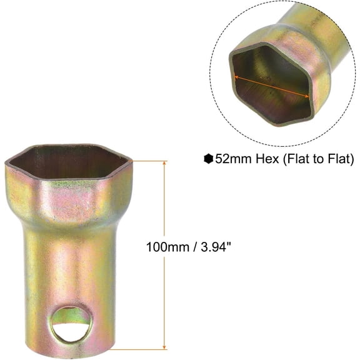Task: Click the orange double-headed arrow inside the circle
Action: [272, 85]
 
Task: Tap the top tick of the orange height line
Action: [164, 161]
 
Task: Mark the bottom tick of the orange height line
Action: [164, 347]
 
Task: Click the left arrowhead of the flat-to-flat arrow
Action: [237, 74]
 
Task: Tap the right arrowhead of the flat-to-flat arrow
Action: [309, 97]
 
